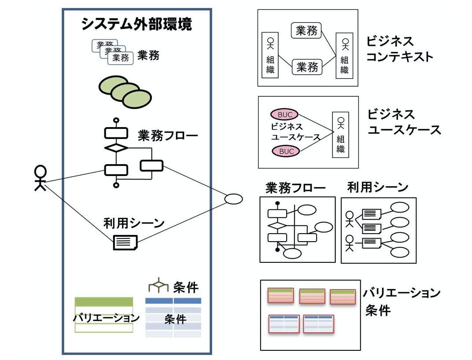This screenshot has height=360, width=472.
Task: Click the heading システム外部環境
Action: point(136,25)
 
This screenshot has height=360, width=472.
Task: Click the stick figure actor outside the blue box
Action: point(40,178)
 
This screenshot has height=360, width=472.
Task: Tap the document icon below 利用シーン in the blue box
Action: point(125,242)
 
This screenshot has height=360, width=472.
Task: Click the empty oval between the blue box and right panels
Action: point(233,199)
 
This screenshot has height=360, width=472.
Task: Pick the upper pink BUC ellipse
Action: point(285,114)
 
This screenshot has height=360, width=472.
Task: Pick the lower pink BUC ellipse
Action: point(285,152)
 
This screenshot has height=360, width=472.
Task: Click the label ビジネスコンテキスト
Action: point(399,49)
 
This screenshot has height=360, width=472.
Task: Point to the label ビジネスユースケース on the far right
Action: point(403,122)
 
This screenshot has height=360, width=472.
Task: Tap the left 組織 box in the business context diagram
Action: point(270,55)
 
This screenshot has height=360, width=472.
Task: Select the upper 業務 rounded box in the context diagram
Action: point(306,30)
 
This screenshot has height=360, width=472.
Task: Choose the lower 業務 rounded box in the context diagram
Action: point(307,67)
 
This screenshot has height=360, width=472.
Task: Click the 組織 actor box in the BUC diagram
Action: point(340,134)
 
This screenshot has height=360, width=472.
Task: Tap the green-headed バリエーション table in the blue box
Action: point(104,315)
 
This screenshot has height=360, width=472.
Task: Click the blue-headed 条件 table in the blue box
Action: point(173,317)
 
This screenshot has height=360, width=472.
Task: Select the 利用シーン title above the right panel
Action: point(377,187)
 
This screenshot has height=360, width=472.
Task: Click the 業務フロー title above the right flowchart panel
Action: point(295,188)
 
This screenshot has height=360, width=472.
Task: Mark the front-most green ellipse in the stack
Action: point(136,99)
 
